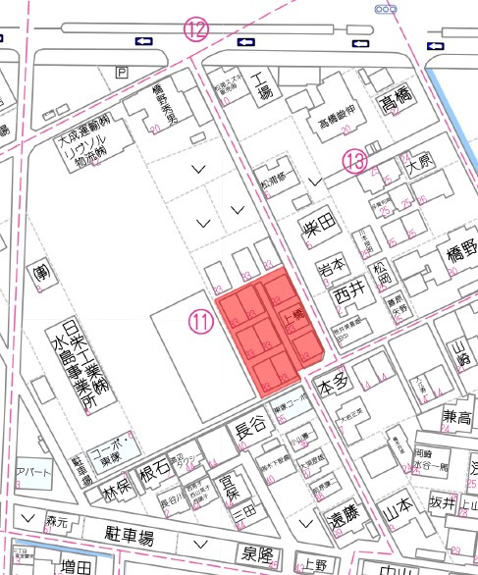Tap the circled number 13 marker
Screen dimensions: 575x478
tap(354, 160)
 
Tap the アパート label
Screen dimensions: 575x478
tap(33, 471)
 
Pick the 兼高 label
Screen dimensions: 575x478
tap(457, 418)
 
